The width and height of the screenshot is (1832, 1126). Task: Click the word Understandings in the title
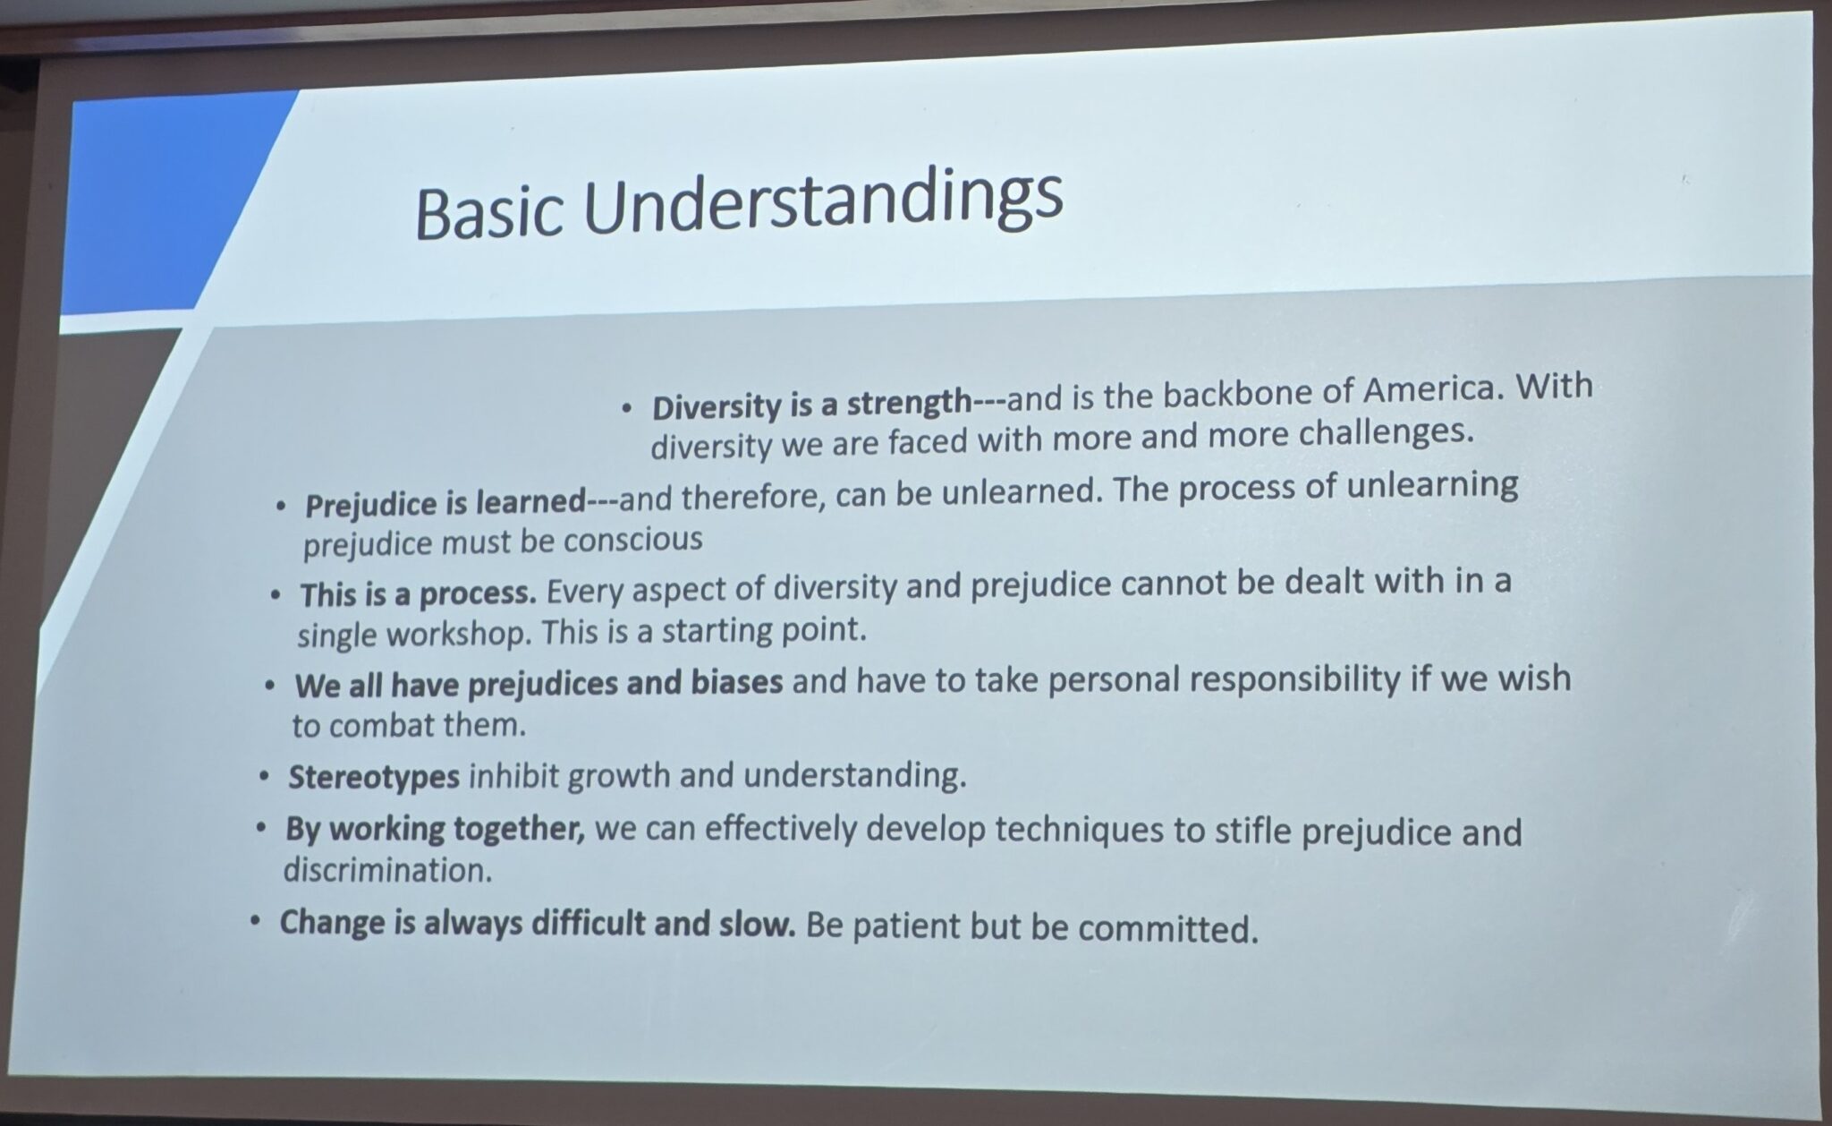(x=824, y=206)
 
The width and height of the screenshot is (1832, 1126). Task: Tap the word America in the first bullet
(x=1429, y=390)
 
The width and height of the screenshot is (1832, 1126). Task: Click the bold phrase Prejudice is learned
(x=445, y=503)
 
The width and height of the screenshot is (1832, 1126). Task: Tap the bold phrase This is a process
(x=418, y=594)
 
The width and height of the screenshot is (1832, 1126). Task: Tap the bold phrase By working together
(x=435, y=829)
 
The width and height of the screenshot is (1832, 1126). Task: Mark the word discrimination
(x=387, y=870)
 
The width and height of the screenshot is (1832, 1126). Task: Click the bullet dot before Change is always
(x=257, y=920)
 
